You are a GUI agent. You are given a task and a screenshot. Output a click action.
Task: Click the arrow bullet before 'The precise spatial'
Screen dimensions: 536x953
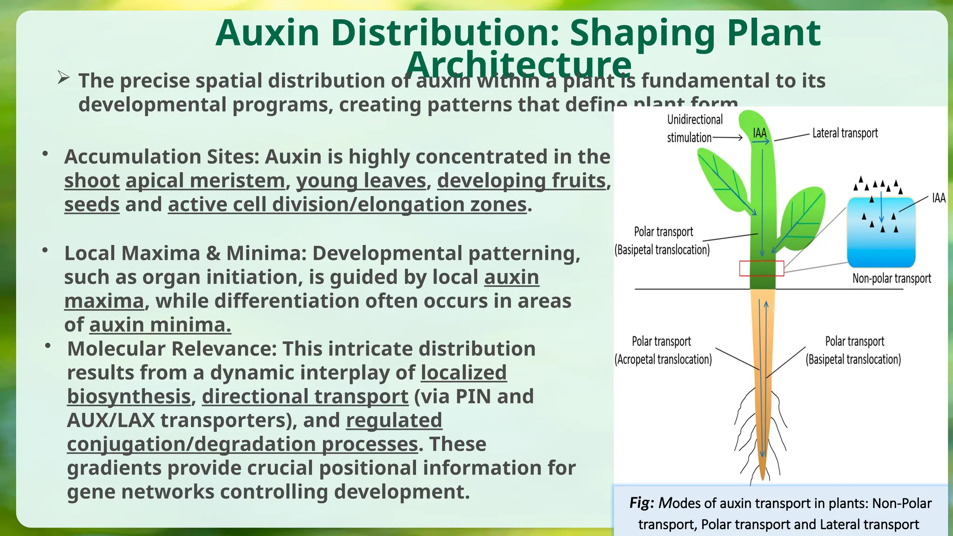coord(64,78)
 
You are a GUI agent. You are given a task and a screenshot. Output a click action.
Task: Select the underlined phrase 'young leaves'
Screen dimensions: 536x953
coord(361,181)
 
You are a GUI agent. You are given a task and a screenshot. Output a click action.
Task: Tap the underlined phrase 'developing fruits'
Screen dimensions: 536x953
coord(521,181)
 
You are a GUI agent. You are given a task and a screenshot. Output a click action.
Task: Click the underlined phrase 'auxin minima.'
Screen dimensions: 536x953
coord(160,325)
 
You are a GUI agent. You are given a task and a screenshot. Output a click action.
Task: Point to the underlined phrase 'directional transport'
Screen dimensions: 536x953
coord(305,396)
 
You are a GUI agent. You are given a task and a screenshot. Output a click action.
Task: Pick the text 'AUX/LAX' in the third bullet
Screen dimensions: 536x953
coord(111,420)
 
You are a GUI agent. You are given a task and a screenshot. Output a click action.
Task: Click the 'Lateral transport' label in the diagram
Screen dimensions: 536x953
coord(845,133)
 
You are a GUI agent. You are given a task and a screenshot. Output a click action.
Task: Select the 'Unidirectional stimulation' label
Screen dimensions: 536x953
coord(694,128)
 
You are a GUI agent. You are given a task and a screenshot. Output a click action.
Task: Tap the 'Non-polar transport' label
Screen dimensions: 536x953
coord(891,278)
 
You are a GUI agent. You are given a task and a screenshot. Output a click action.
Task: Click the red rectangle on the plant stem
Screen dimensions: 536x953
coord(761,268)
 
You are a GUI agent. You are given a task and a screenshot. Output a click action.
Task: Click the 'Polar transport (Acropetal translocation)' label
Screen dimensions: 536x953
coord(663,350)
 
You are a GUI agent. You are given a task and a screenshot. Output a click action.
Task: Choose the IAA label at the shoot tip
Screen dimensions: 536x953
coord(759,134)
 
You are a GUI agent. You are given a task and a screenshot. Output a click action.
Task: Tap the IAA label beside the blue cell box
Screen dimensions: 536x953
coord(939,198)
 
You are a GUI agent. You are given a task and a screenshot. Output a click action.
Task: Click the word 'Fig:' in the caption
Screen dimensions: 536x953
coord(642,503)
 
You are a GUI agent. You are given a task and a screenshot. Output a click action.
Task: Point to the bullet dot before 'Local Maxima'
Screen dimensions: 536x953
coord(45,250)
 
